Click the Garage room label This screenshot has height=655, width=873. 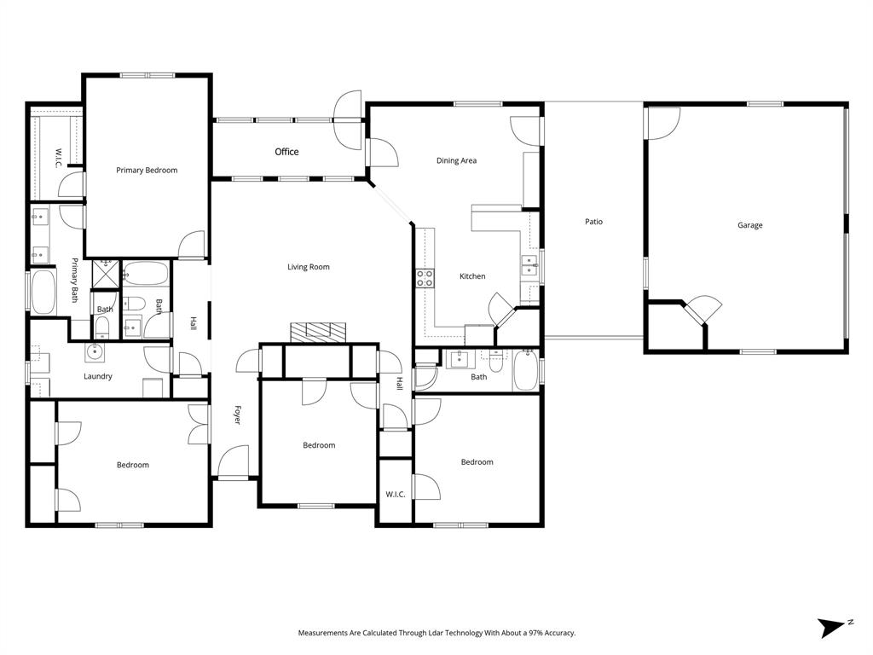point(749,225)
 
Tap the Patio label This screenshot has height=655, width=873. point(593,222)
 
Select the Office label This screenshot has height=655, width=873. point(286,152)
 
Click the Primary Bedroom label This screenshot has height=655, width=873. point(147,171)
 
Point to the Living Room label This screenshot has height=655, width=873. point(308,267)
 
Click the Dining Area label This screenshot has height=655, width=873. point(456,160)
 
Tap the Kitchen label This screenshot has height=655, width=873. point(472,276)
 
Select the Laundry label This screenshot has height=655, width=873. point(98,376)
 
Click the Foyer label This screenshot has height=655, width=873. point(237,415)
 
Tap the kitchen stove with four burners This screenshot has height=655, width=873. point(425,277)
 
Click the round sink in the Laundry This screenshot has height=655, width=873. point(93,351)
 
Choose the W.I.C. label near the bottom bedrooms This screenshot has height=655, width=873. point(395,494)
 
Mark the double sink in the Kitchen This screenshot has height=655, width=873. point(529,266)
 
